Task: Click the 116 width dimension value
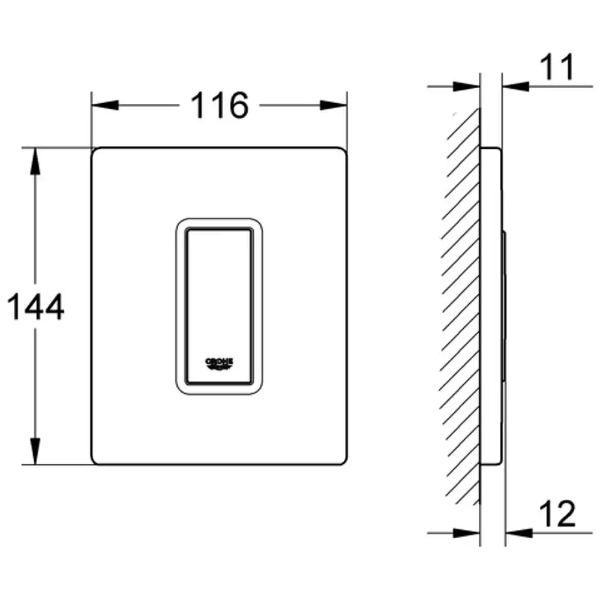tap(220, 105)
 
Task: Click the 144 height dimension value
tap(35, 307)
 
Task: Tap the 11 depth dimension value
tap(557, 67)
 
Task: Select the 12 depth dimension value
tap(557, 514)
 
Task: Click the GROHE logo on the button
tap(219, 364)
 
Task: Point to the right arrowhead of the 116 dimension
tap(333, 105)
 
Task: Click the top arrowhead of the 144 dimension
tap(35, 161)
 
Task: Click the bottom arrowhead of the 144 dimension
tap(35, 451)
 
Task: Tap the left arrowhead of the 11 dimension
tap(466, 86)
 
